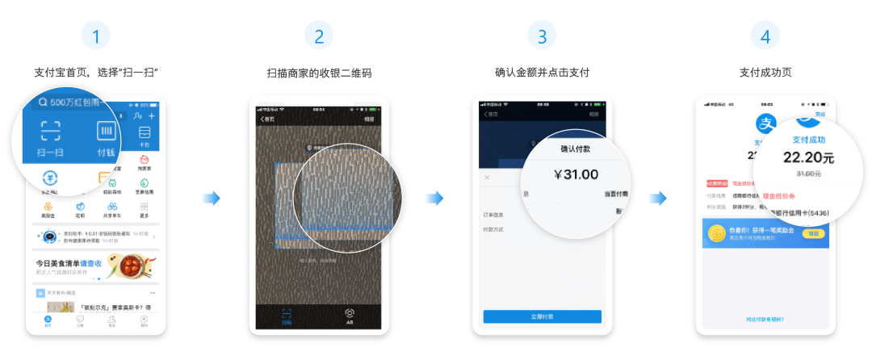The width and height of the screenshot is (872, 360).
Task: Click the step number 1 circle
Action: [x=96, y=36]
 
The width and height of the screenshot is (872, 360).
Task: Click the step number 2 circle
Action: [x=319, y=36]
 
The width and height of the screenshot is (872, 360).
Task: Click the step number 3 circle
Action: [x=542, y=36]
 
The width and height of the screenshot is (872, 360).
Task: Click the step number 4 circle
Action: [x=765, y=36]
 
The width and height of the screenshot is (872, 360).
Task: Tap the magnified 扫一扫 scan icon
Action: [x=51, y=133]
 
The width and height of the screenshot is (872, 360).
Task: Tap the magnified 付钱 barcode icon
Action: [x=107, y=133]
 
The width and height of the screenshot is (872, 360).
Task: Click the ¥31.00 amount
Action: [x=576, y=174]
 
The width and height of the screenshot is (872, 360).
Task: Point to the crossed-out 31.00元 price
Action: [x=808, y=174]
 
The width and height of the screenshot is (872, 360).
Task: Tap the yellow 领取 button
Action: [x=814, y=233]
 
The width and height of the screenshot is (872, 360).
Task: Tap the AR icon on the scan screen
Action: [x=350, y=314]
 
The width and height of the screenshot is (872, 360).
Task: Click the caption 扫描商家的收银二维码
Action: [x=319, y=73]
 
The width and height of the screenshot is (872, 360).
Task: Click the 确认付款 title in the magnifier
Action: [x=576, y=149]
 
